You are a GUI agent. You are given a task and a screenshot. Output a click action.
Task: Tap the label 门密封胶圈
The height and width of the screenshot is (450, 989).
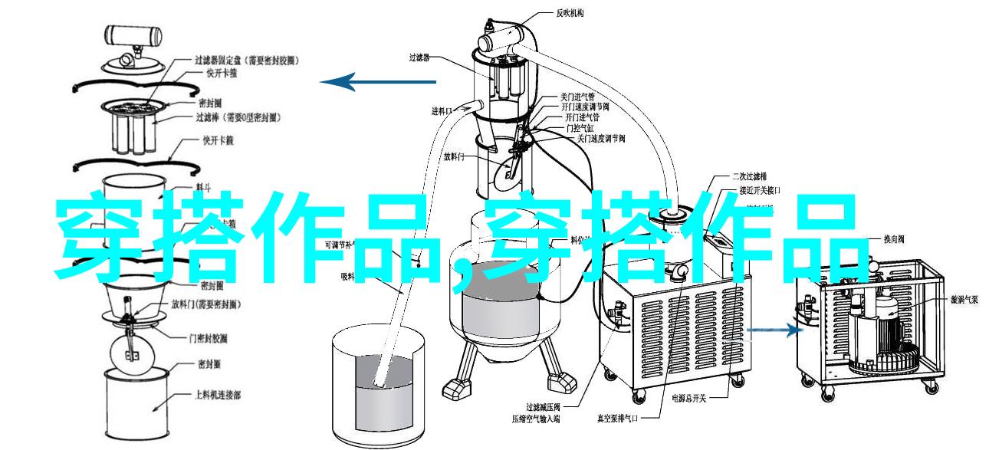[x=207, y=338]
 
